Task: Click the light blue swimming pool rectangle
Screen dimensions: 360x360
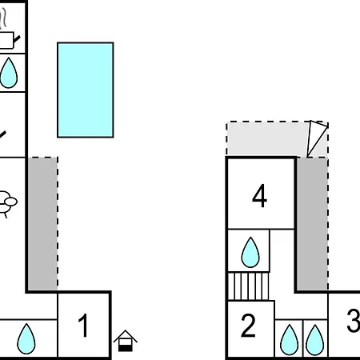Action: pos(86,90)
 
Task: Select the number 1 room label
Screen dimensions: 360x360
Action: pos(83,326)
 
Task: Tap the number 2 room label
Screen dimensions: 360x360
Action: pos(248,326)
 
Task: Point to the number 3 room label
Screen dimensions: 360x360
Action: pos(354,321)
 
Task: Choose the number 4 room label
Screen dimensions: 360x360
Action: pos(259,196)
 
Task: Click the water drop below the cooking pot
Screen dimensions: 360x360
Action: pos(9,73)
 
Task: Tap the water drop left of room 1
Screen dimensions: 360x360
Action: pos(26,339)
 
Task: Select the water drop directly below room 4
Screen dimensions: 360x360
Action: pos(250,252)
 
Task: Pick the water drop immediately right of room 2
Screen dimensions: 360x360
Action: pos(289,340)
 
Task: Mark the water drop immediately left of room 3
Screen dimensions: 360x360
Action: pos(315,340)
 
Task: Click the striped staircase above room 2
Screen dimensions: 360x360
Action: pos(248,286)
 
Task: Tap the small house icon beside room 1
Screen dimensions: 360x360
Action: pos(126,341)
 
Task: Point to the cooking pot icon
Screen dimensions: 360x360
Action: pos(6,40)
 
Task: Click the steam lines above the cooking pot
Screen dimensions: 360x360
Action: pos(3,18)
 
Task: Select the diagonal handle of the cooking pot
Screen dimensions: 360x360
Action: pos(17,39)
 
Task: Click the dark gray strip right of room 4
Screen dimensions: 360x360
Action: pos(312,224)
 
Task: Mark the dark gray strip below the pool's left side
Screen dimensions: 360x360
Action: pos(42,224)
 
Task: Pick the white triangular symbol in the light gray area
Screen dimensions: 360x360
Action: pos(316,138)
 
